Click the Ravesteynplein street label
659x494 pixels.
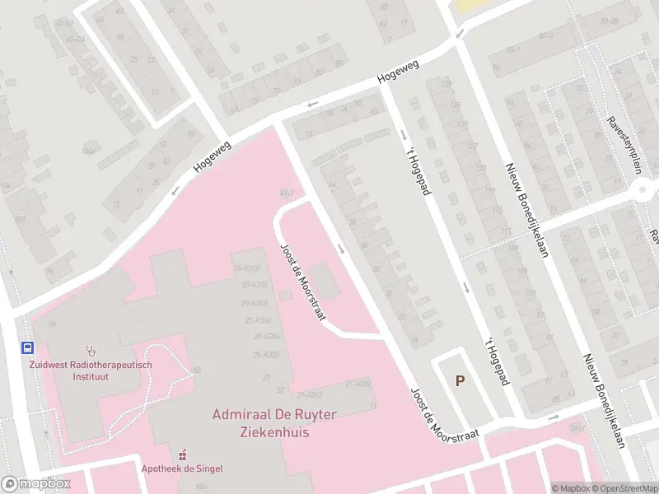tap(635, 140)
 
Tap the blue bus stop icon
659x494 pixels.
tap(28, 347)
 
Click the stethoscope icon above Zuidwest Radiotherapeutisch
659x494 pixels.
tap(91, 350)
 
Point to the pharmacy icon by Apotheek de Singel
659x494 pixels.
tap(183, 454)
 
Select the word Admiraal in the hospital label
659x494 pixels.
tap(242, 414)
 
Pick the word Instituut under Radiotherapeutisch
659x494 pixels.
tap(92, 376)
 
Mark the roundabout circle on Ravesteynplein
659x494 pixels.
tap(647, 191)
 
